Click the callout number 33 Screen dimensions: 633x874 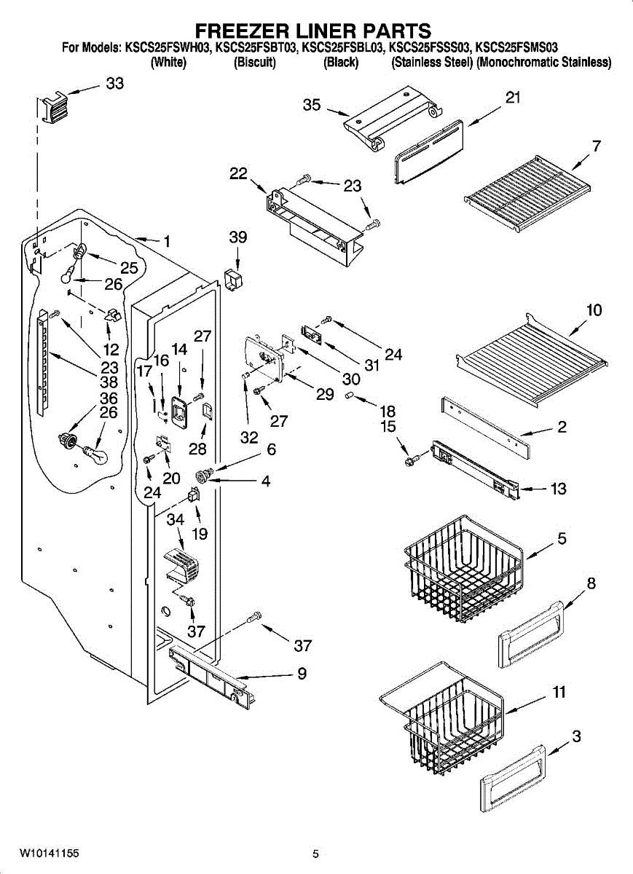115,83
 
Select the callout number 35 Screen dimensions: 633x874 312,105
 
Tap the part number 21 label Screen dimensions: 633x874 513,97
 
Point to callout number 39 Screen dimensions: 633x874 238,237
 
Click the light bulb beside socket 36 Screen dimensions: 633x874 97,454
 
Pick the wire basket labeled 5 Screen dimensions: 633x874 463,569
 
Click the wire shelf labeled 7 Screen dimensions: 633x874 527,192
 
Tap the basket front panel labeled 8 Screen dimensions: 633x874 531,635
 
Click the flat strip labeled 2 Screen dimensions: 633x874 486,428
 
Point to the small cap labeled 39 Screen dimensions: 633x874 233,280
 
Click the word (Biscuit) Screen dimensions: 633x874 254,63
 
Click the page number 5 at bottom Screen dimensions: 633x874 315,854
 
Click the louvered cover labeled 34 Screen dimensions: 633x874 181,564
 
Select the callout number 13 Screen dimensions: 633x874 558,489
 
